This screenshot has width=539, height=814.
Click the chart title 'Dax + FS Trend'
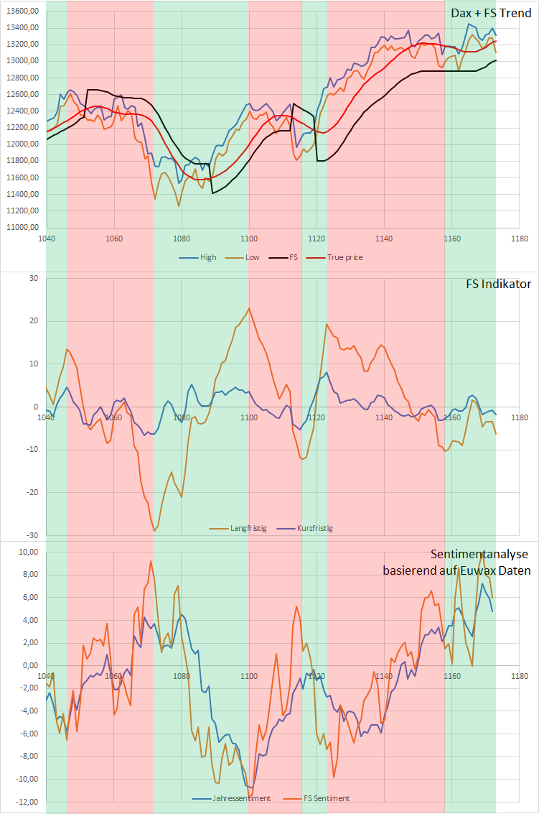pos(491,13)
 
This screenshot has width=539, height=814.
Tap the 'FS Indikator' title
pos(498,284)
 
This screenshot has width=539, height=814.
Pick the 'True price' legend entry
pos(345,257)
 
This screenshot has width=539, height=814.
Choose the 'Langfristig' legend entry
pos(248,528)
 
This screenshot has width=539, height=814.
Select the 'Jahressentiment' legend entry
pos(242,798)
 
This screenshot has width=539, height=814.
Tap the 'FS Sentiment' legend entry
pos(327,798)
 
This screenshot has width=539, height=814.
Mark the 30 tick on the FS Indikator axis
pos(32,278)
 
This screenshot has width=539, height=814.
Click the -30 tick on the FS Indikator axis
pos(31,535)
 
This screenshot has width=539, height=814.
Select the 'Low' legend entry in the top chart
pos(252,257)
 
